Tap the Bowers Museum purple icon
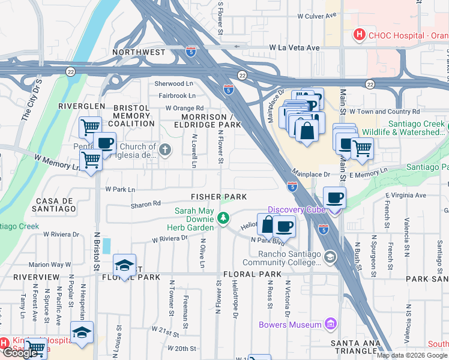[x=329, y=325]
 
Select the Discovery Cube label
[x=296, y=209]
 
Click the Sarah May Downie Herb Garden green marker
[x=223, y=217]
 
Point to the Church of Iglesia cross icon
[x=165, y=148]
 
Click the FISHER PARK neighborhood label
[x=219, y=197]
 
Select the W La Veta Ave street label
[x=295, y=47]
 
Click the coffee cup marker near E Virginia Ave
[x=334, y=197]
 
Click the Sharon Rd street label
[x=145, y=204]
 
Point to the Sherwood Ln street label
[x=174, y=84]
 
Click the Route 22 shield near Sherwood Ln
[x=242, y=75]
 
